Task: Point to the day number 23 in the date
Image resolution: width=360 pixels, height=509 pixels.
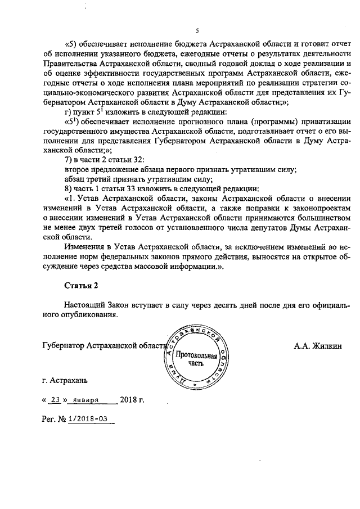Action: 55,400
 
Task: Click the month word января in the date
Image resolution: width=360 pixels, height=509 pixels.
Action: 86,400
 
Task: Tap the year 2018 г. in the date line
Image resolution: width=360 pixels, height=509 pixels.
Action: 132,400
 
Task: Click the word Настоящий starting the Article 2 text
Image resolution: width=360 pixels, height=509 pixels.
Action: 84,305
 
